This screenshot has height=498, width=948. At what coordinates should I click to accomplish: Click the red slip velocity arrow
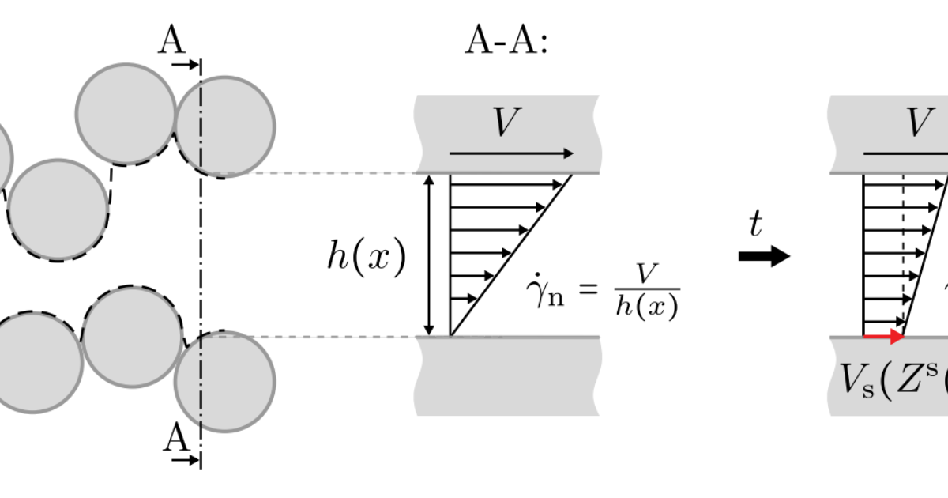(884, 337)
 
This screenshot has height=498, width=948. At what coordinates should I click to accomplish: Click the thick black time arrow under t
(763, 256)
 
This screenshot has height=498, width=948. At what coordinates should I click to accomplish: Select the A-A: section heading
(506, 42)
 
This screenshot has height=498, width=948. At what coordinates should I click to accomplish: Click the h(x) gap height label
(367, 257)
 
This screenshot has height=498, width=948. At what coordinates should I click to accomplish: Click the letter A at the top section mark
(171, 39)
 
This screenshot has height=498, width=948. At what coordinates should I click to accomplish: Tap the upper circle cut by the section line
(225, 126)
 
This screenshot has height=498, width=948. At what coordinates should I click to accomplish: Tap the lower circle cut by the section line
(225, 381)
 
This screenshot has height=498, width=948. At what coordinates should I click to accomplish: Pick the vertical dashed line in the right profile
(903, 253)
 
